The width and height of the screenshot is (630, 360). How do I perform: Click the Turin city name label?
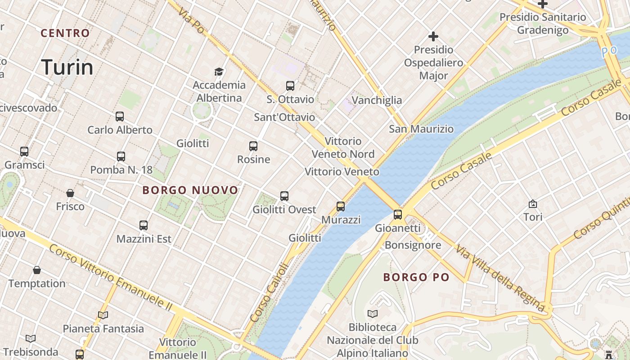(x=67, y=67)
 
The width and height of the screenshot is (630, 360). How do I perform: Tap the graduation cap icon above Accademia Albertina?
(x=219, y=72)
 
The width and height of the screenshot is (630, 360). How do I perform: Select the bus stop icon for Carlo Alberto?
(x=120, y=117)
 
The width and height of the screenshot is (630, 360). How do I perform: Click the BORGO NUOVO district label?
(x=190, y=190)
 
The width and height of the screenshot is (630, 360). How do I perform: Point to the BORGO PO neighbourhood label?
(x=416, y=277)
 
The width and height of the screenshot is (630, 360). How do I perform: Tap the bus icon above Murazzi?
(x=341, y=207)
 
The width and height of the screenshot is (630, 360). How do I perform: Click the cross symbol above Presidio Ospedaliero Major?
(x=433, y=36)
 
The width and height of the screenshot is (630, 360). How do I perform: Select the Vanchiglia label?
(x=377, y=100)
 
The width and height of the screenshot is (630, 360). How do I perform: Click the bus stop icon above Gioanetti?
(x=398, y=215)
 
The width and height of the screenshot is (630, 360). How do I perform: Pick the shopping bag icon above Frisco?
(x=70, y=193)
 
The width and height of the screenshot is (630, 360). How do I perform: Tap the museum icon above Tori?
(x=533, y=204)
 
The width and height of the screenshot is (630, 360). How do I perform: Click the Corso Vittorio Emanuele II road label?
(x=111, y=278)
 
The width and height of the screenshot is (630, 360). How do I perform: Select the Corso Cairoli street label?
(x=269, y=292)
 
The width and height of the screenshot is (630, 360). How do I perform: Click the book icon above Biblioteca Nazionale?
(x=373, y=314)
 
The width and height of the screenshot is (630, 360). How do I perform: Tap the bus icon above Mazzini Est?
(x=144, y=225)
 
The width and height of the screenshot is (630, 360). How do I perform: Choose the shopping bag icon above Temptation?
(x=37, y=270)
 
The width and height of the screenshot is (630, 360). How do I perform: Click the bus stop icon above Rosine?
(x=253, y=146)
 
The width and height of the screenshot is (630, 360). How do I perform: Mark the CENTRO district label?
(x=65, y=33)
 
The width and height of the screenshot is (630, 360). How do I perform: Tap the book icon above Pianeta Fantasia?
(x=103, y=315)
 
